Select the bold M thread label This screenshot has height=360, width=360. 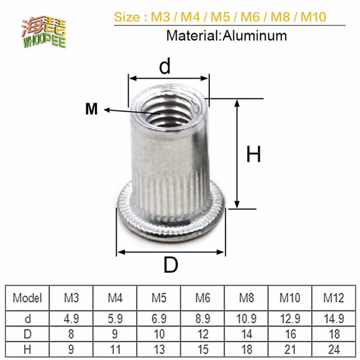tap(91, 109)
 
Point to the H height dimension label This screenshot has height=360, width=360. tap(253, 155)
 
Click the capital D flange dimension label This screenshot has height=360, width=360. tap(171, 265)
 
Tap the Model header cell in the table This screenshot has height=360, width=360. tap(27, 297)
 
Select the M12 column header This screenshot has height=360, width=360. tap(333, 297)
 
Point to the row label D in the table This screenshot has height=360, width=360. tap(27, 334)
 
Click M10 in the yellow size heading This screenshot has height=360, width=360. tap(313, 18)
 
